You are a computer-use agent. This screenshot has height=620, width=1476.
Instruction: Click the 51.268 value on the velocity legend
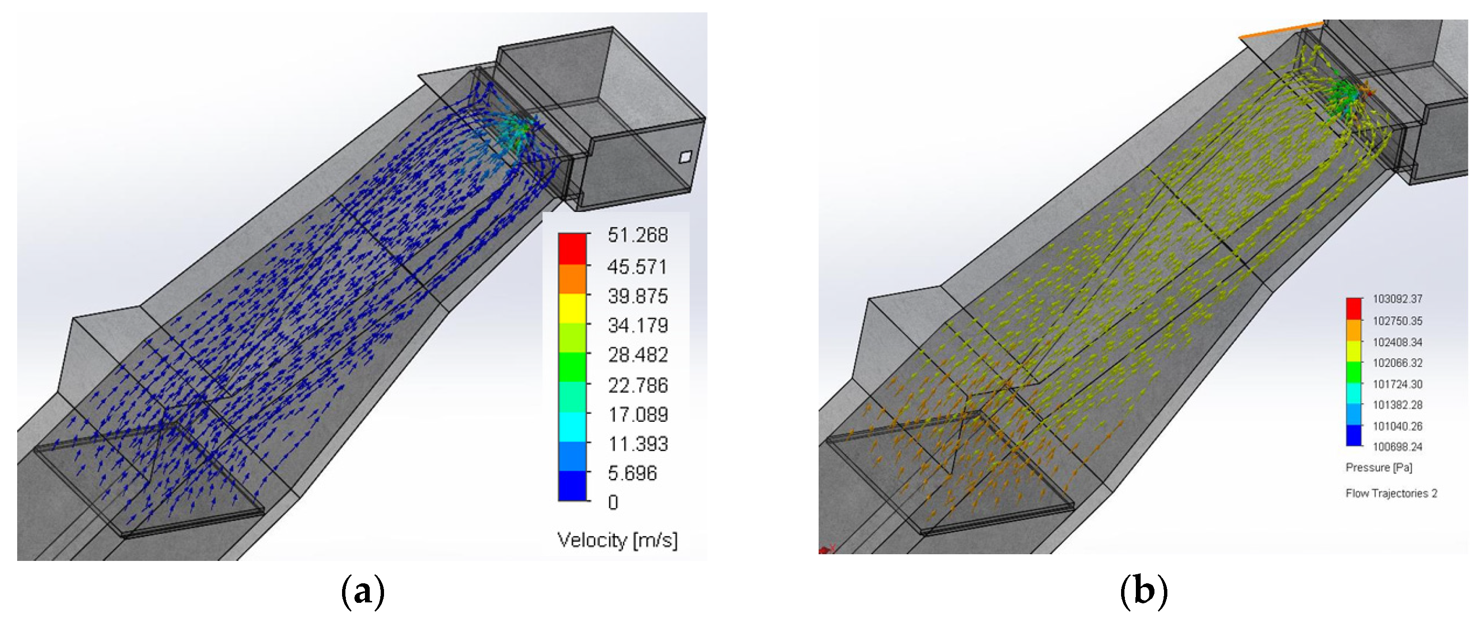point(638,235)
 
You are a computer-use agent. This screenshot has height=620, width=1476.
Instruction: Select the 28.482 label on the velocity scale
point(638,355)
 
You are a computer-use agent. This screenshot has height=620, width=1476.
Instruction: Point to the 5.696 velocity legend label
point(632,473)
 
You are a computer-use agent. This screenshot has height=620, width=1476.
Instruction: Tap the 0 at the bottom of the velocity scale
point(613,503)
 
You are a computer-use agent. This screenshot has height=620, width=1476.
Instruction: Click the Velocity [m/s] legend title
point(617,540)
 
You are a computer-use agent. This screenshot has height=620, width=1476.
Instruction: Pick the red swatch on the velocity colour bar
point(572,248)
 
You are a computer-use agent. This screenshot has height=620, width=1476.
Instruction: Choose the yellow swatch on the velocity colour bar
point(572,308)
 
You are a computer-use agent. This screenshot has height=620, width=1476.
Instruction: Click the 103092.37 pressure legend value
point(1397,299)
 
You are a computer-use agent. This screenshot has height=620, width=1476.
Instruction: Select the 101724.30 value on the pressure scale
point(1397,384)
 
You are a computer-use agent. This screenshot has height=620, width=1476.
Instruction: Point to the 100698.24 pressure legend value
point(1397,447)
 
